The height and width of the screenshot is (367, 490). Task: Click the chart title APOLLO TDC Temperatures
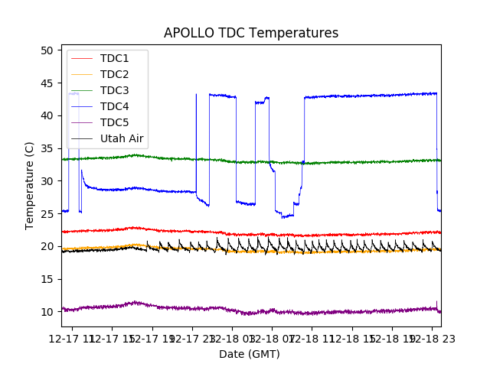[x=250, y=33]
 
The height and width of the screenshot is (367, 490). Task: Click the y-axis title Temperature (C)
[x=30, y=185]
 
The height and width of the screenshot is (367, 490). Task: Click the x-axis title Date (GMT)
[x=250, y=354]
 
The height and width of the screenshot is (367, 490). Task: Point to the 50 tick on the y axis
[x=47, y=50]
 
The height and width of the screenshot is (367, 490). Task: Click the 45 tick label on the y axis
[x=47, y=83]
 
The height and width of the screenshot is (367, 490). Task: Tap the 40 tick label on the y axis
[x=47, y=115]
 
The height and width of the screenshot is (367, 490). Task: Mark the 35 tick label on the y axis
[x=47, y=148]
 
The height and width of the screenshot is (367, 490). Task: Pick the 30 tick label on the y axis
[x=47, y=181]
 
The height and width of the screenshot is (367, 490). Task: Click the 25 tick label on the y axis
[x=47, y=214]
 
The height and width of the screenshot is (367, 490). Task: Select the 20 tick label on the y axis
[x=47, y=246]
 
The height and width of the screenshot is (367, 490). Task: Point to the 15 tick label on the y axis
[x=47, y=279]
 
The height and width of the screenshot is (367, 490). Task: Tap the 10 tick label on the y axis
[x=47, y=312]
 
